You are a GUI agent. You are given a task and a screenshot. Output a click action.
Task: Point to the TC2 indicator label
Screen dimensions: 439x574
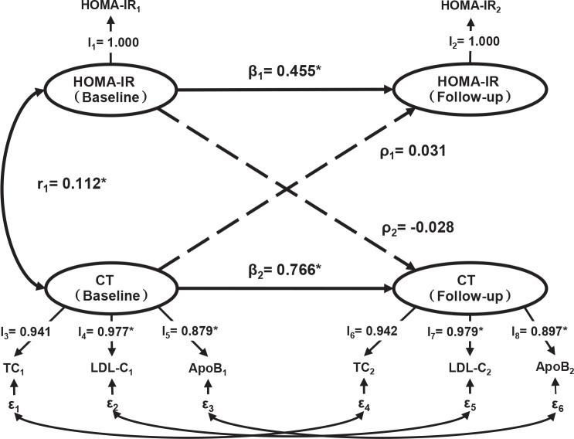pos(367,368)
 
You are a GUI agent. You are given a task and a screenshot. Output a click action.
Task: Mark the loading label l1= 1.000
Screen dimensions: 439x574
pos(110,45)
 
